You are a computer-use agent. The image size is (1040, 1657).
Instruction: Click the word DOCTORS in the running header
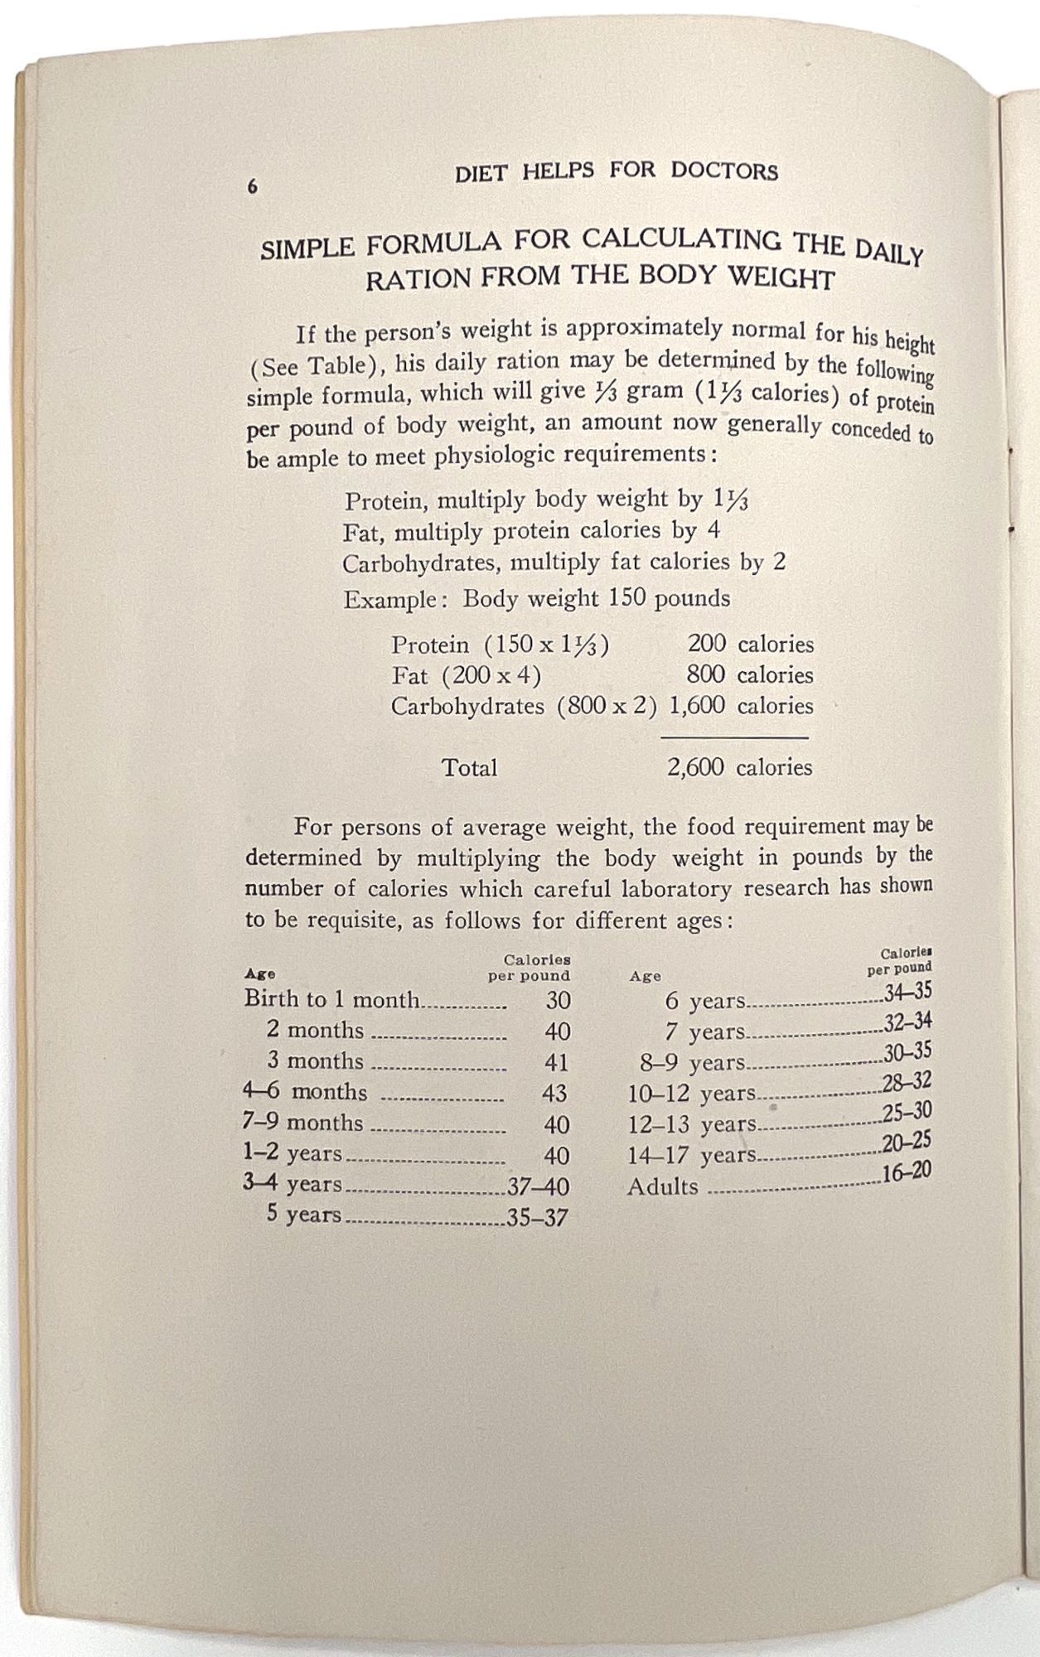724,171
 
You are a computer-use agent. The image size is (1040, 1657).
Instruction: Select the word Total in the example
469,768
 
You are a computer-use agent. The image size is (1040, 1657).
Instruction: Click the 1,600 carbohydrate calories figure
697,706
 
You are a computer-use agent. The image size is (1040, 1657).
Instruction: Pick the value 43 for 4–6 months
554,1094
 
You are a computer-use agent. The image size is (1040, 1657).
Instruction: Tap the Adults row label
662,1186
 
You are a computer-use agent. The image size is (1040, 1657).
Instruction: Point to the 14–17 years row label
692,1155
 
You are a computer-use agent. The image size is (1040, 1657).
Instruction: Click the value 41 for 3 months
556,1063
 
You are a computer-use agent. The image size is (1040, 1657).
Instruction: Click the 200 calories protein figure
707,645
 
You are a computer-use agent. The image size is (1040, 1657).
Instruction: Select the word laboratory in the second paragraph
665,889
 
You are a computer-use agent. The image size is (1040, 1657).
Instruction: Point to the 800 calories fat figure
707,675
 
